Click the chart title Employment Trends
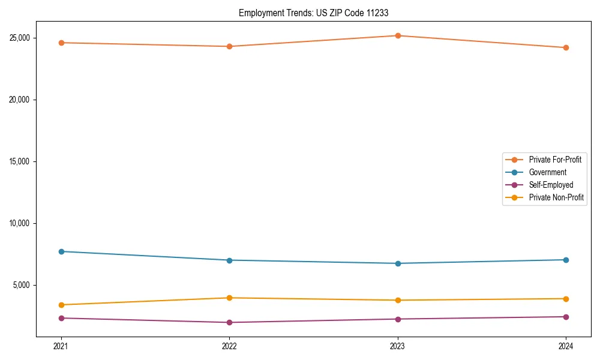pyautogui.click(x=313, y=13)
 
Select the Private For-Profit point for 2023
pyautogui.click(x=398, y=35)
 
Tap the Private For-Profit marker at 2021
pyautogui.click(x=61, y=43)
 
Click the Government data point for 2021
pyautogui.click(x=61, y=251)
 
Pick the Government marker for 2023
pyautogui.click(x=398, y=263)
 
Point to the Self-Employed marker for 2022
pyautogui.click(x=229, y=322)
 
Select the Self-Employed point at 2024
pyautogui.click(x=566, y=317)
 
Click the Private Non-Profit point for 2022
pyautogui.click(x=229, y=298)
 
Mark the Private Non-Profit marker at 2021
pyautogui.click(x=61, y=305)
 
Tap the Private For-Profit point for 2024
pyautogui.click(x=566, y=47)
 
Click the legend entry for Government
pyautogui.click(x=547, y=172)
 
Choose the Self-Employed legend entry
pyautogui.click(x=551, y=185)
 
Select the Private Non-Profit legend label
pyautogui.click(x=556, y=197)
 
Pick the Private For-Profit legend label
pyautogui.click(x=555, y=160)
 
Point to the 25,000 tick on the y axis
pyautogui.click(x=20, y=38)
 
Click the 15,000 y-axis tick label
pyautogui.click(x=20, y=161)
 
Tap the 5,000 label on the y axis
pyautogui.click(x=22, y=285)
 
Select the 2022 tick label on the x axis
pyautogui.click(x=229, y=346)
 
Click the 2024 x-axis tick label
pyautogui.click(x=566, y=346)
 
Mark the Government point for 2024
pyautogui.click(x=566, y=260)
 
